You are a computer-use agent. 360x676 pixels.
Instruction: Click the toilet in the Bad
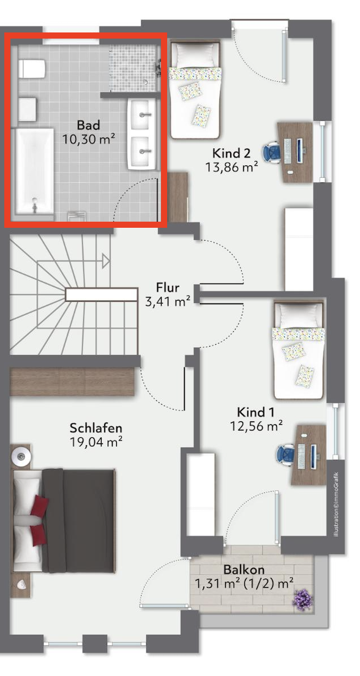click(x=32, y=69)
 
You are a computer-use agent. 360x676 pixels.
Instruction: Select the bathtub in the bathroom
click(x=35, y=171)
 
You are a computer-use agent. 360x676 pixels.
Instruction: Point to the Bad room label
click(x=88, y=125)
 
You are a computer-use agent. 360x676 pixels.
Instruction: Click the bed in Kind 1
click(x=298, y=350)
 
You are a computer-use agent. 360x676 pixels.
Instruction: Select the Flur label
click(x=168, y=287)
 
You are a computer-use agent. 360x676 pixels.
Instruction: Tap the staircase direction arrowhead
click(x=106, y=260)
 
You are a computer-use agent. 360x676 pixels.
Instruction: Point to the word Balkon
click(x=244, y=569)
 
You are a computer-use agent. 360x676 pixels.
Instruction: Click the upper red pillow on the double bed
click(x=39, y=505)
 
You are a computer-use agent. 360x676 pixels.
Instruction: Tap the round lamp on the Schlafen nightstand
click(x=20, y=455)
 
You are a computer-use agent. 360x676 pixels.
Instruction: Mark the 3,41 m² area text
click(x=168, y=301)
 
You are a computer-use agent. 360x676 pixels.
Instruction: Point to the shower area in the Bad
click(x=133, y=67)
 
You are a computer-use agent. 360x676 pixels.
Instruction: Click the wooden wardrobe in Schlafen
click(x=72, y=382)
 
